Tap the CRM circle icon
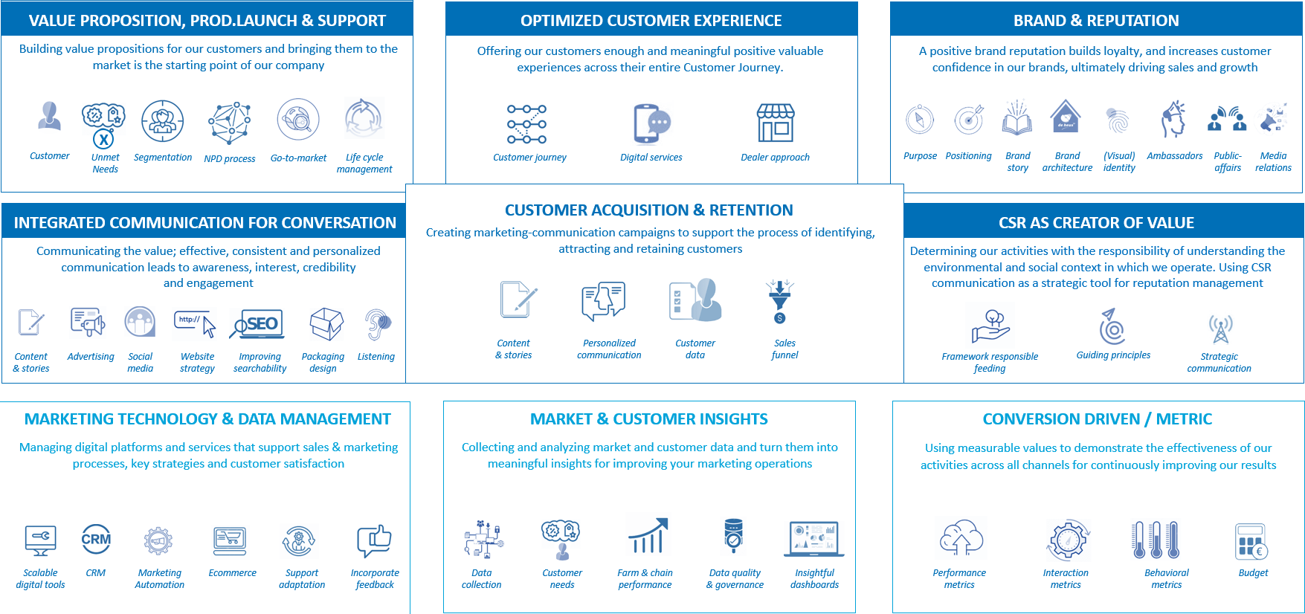[x=96, y=539]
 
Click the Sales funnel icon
[x=779, y=300]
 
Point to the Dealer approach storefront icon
[x=776, y=123]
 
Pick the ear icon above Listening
[x=378, y=324]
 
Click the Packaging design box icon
[x=326, y=324]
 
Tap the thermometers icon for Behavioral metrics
[x=1156, y=540]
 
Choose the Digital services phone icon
[x=651, y=123]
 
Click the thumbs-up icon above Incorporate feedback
[x=374, y=540]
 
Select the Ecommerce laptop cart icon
[x=230, y=541]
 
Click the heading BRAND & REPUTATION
[x=1096, y=21]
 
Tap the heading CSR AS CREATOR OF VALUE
[x=1096, y=223]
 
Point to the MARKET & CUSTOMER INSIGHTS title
[x=649, y=419]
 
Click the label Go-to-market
[x=298, y=158]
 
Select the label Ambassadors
[x=1174, y=156]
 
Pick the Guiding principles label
[x=1113, y=355]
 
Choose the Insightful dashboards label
[x=814, y=579]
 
